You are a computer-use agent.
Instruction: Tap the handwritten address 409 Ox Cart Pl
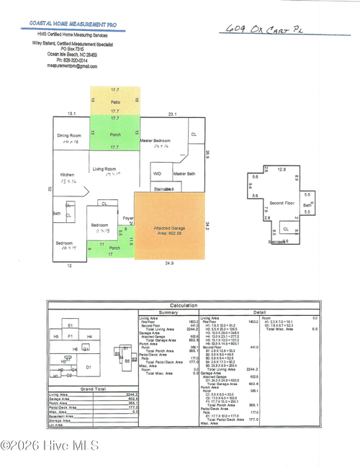(x=266, y=30)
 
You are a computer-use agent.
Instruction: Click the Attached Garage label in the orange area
(x=169, y=230)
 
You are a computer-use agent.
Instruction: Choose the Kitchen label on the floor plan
(x=67, y=175)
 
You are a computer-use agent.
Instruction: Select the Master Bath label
(x=184, y=173)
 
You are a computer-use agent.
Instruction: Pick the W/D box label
(x=157, y=173)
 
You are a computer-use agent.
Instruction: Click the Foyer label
(x=127, y=218)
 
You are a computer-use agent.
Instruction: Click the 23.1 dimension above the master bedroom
(x=171, y=114)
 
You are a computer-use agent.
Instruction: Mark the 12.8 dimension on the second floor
(x=281, y=170)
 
